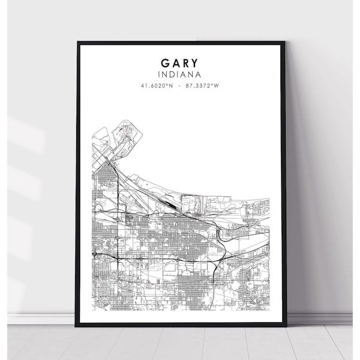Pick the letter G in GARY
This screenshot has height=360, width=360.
164,63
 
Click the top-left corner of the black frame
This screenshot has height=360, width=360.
77,42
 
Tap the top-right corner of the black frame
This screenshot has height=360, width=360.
285,42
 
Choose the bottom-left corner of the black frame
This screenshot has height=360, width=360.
77,326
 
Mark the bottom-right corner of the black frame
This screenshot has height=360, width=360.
286,326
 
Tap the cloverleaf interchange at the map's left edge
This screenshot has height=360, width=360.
95,254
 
